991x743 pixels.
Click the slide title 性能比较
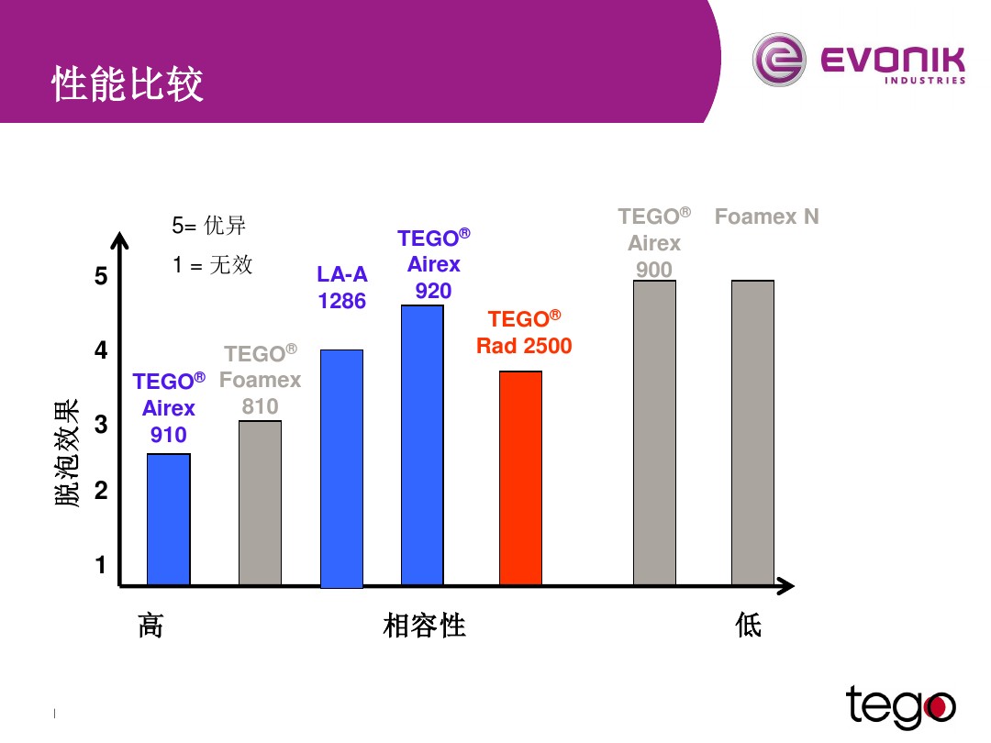pyautogui.click(x=128, y=84)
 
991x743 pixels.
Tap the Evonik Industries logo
pyautogui.click(x=859, y=61)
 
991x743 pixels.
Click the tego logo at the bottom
pyautogui.click(x=900, y=706)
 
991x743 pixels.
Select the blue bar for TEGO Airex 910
pyautogui.click(x=169, y=519)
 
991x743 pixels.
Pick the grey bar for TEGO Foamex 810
pyautogui.click(x=260, y=503)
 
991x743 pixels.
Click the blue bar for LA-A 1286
pyautogui.click(x=341, y=468)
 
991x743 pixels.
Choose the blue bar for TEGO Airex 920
pyautogui.click(x=422, y=445)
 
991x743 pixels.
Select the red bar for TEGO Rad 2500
pyautogui.click(x=520, y=478)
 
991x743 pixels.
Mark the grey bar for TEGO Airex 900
pyautogui.click(x=654, y=433)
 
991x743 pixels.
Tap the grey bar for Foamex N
pyautogui.click(x=752, y=433)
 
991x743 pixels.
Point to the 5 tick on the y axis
pyautogui.click(x=101, y=277)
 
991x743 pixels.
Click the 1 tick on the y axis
pyautogui.click(x=101, y=566)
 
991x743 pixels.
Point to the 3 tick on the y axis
pyautogui.click(x=101, y=426)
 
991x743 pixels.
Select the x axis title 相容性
pyautogui.click(x=424, y=627)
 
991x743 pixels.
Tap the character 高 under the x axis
pyautogui.click(x=150, y=627)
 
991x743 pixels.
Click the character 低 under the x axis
pyautogui.click(x=749, y=627)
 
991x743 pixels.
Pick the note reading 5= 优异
pyautogui.click(x=209, y=226)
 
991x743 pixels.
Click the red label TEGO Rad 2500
pyautogui.click(x=523, y=333)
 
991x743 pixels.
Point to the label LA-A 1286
pyautogui.click(x=342, y=287)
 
